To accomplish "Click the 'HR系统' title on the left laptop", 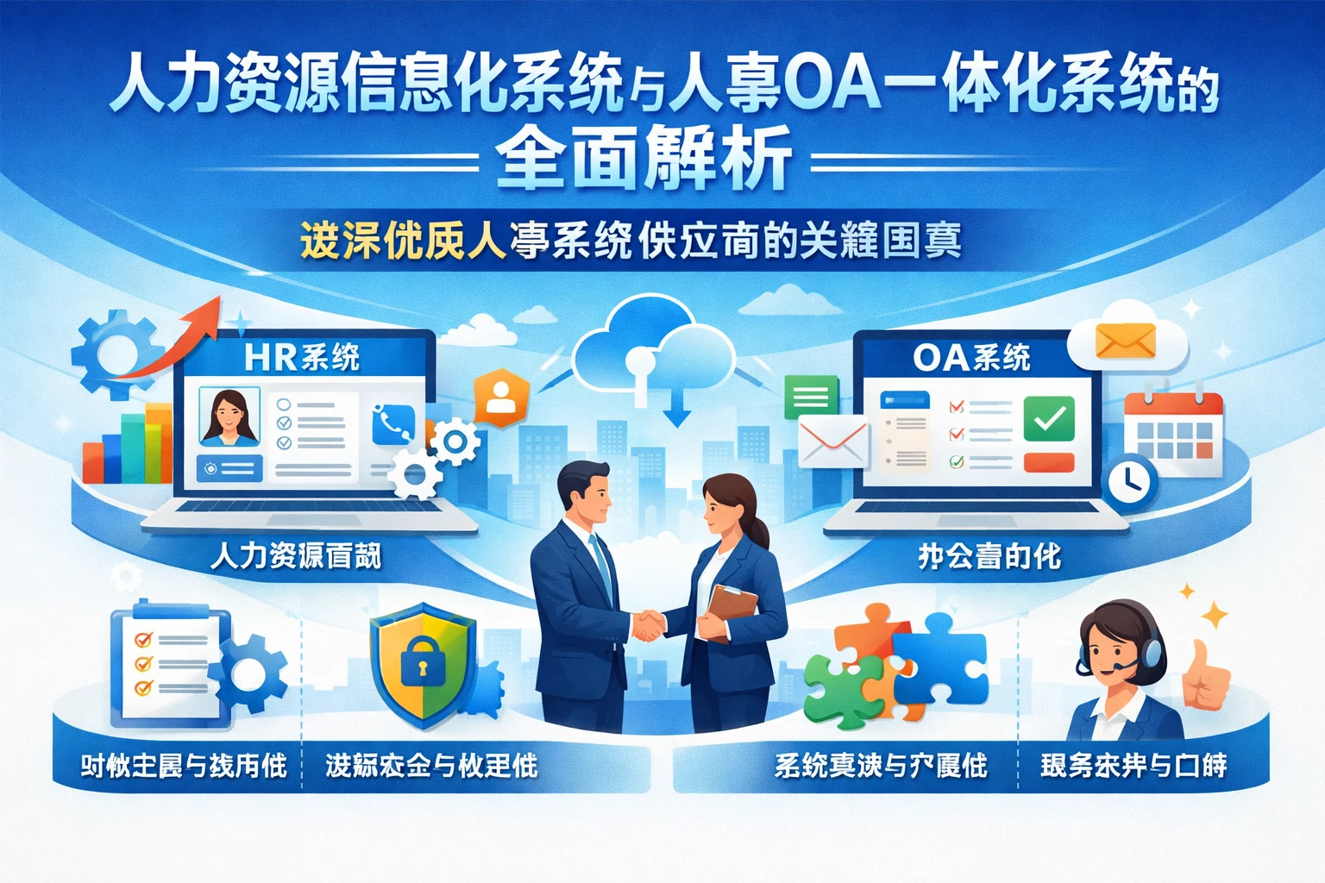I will tap(302, 357).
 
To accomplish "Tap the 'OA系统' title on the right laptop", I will tap(971, 357).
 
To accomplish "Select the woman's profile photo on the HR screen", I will tap(229, 416).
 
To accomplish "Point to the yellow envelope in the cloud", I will tap(1125, 341).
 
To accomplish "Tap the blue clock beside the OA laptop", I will tap(1130, 480).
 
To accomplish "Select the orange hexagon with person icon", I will tap(501, 398).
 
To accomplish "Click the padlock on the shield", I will tap(420, 659).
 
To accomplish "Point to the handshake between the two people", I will tap(647, 625).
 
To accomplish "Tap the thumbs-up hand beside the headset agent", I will tap(1206, 678).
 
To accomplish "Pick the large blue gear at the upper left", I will tap(113, 354).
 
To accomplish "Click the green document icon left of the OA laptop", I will tap(811, 397).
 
